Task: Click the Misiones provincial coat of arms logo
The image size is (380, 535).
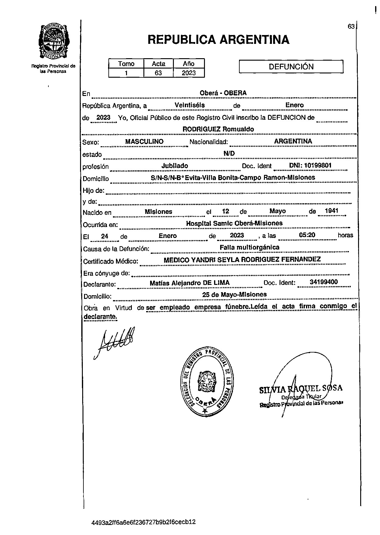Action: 53,42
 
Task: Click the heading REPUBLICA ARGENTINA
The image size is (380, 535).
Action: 218,40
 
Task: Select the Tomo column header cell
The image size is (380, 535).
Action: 126,64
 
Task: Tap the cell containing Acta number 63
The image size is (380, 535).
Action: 158,73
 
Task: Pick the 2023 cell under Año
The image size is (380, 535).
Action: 189,73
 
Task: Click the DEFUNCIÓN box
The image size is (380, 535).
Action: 291,67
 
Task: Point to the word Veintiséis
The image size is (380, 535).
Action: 190,105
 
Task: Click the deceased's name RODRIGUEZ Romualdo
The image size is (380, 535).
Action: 218,129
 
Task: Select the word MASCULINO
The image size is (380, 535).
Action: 144,142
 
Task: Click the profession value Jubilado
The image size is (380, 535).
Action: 175,166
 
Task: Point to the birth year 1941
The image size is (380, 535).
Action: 332,211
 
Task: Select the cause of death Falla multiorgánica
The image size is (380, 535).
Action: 249,247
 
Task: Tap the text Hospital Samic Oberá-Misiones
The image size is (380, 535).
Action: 234,223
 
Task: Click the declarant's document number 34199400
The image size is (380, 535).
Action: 324,282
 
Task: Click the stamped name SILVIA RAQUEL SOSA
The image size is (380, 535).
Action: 301,388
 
